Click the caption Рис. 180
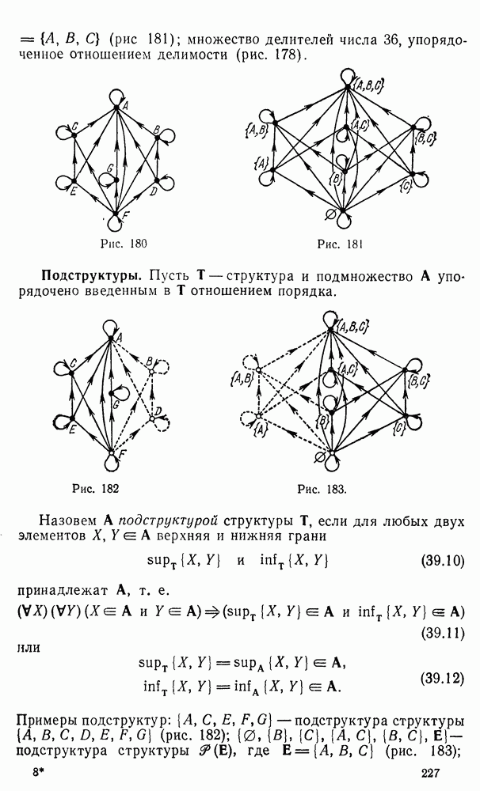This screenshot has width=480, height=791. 124,244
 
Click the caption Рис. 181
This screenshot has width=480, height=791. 340,244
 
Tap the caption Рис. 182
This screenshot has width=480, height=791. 96,488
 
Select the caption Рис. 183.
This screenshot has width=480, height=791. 322,489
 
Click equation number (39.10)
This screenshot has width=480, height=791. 442,561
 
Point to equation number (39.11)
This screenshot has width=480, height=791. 442,632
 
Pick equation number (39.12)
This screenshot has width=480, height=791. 442,679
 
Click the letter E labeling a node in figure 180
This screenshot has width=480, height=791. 73,191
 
